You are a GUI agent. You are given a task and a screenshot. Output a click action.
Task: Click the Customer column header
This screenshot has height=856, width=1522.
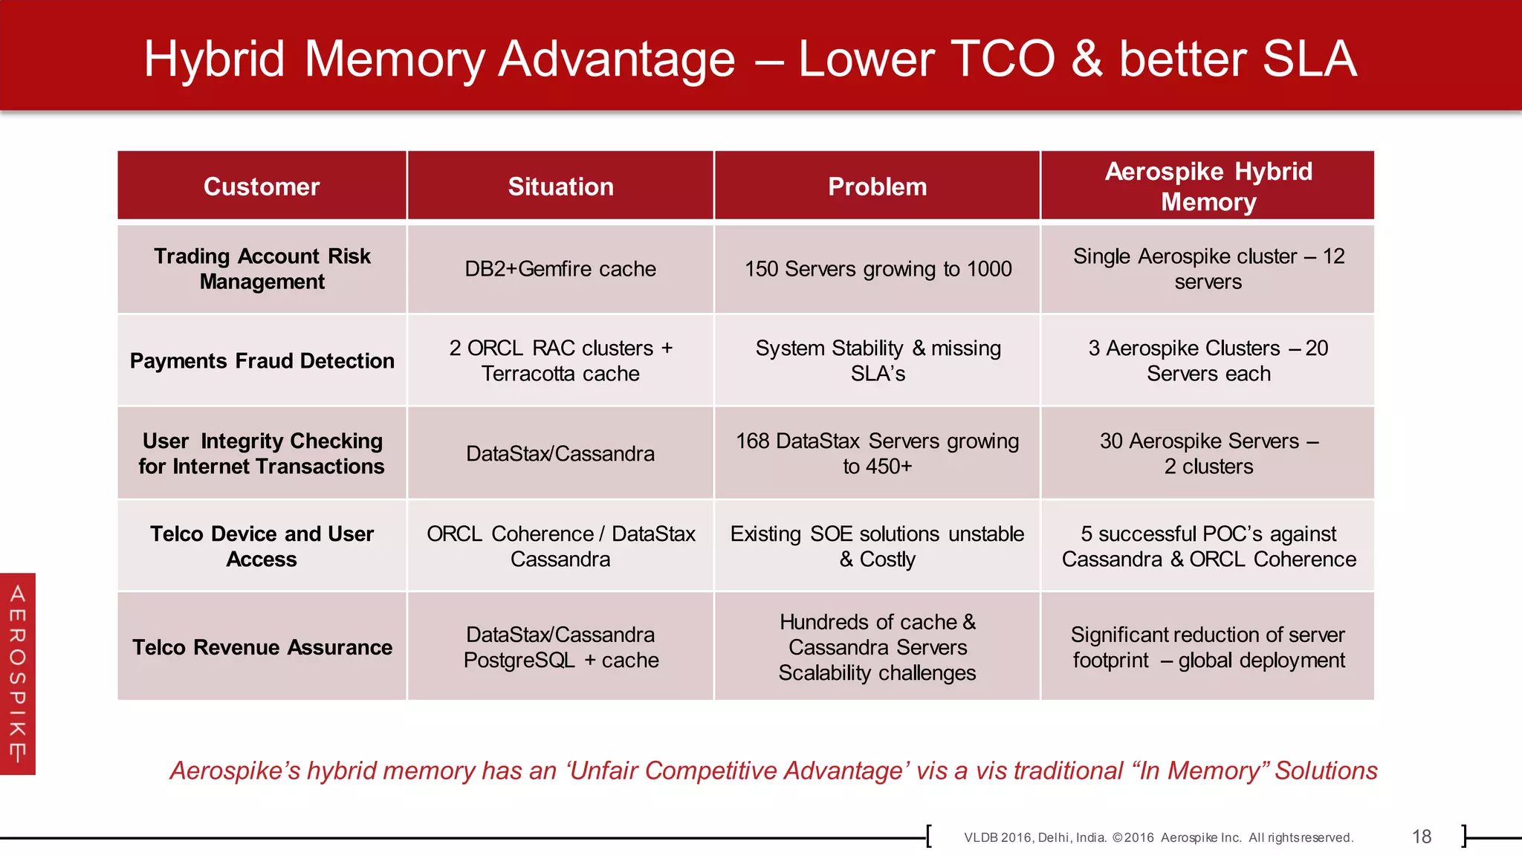point(262,187)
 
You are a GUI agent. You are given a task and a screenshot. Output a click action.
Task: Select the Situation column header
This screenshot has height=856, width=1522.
point(560,187)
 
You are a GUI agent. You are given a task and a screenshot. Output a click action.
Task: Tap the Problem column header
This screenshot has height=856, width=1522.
point(877,187)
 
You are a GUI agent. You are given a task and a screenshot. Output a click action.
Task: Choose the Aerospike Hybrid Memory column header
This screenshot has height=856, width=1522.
point(1208,187)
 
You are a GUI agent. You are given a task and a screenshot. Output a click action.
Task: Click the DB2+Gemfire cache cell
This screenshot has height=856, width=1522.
point(560,269)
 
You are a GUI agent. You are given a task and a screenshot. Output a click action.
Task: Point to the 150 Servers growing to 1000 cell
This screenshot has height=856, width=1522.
point(878,269)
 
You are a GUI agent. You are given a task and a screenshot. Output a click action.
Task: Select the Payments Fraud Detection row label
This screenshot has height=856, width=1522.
point(262,361)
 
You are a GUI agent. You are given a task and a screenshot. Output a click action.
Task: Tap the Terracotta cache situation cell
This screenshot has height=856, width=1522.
point(560,361)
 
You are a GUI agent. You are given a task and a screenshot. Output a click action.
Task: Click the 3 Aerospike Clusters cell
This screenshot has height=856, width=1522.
point(1208,361)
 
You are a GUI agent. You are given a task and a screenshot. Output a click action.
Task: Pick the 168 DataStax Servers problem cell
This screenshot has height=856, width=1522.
point(877,453)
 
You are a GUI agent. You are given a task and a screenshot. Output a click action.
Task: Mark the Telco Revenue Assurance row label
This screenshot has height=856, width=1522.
point(262,647)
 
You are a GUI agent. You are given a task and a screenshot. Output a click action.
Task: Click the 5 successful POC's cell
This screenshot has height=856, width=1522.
point(1208,546)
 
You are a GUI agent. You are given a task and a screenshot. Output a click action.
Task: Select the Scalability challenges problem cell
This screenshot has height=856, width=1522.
point(877,647)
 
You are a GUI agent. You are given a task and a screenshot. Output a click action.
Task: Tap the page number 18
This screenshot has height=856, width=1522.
point(1421,837)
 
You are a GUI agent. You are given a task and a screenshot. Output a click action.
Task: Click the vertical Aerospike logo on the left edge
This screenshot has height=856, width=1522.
point(18,673)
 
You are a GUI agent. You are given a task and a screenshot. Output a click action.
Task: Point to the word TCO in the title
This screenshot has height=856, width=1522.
point(1000,59)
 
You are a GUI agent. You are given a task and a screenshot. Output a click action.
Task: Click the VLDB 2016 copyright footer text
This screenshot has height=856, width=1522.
point(1158,837)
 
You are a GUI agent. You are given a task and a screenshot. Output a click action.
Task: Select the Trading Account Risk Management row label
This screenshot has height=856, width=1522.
point(262,269)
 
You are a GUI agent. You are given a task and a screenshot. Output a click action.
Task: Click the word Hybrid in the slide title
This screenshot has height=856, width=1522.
point(214,59)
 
